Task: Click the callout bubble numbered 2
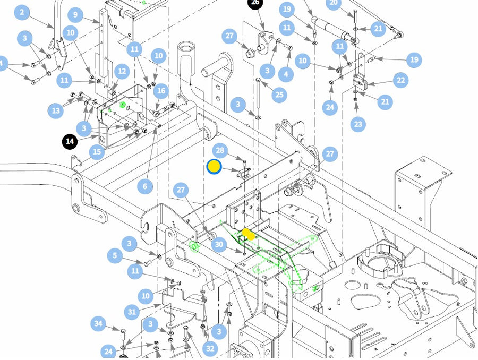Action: pos(21,12)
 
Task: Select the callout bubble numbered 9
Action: pos(75,14)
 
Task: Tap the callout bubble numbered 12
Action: pos(122,71)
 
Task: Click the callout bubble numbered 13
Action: pos(55,110)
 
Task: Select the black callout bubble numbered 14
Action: pos(70,142)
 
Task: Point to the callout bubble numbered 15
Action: pos(97,152)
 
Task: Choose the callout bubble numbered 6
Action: pos(144,186)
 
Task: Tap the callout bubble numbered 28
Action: pos(220,150)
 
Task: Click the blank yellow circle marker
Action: pos(214,167)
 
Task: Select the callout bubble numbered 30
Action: pos(218,244)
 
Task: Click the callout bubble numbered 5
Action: pos(115,256)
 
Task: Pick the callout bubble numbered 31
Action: pos(133,312)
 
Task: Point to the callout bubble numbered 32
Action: pos(210,348)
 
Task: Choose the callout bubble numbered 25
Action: pos(279,95)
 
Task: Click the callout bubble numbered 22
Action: pos(400,80)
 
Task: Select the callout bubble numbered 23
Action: pos(357,124)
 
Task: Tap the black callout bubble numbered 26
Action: pos(255,3)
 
